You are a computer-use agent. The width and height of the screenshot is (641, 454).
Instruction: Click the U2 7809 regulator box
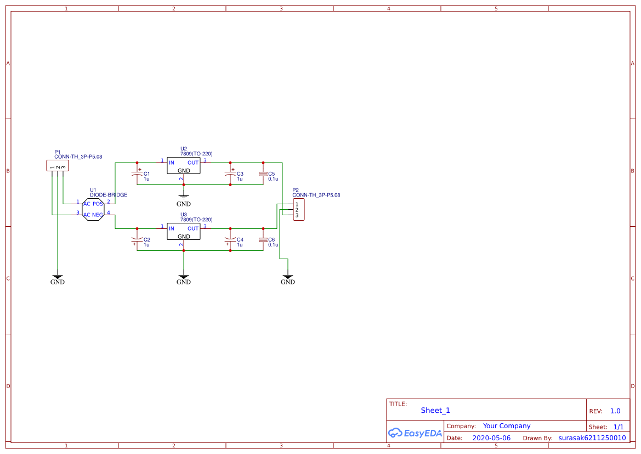click(184, 166)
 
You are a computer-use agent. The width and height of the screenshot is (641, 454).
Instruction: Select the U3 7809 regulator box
click(184, 232)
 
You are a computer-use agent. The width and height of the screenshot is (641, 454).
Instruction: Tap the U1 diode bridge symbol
click(93, 209)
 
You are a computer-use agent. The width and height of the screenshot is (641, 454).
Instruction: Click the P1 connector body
click(58, 165)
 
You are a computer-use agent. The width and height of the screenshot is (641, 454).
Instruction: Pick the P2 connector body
click(298, 210)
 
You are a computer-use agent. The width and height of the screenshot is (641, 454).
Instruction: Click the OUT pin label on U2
click(193, 163)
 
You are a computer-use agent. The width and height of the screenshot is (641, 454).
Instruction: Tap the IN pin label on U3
click(172, 229)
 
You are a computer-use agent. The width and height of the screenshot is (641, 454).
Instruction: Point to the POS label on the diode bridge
click(98, 204)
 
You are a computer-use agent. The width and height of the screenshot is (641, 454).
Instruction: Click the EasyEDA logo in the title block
click(415, 433)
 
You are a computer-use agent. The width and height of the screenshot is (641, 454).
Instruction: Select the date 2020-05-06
click(491, 438)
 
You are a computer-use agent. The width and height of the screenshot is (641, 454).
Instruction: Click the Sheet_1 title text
click(435, 411)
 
